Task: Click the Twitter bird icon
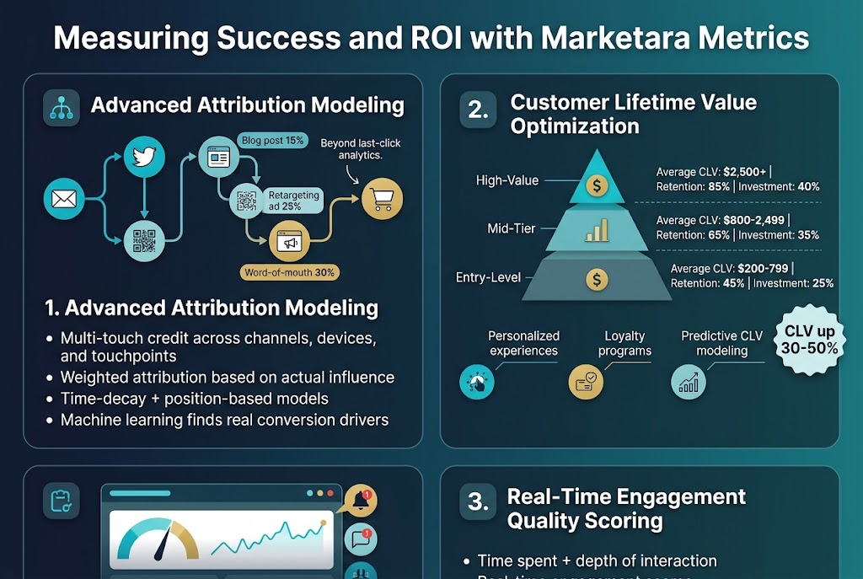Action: coord(144,156)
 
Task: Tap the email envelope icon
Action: coord(64,200)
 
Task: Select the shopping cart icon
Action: coord(382,200)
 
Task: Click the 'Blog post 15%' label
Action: coord(272,140)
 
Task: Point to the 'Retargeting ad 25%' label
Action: coord(293,201)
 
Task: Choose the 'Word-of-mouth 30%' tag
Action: coord(289,272)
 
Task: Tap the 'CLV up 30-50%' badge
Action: coord(811,339)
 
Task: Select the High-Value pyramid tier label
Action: coord(507,180)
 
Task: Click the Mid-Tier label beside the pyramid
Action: coord(511,228)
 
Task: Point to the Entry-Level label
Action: coord(488,277)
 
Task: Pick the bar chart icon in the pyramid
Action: coord(597,229)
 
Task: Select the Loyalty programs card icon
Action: coord(586,382)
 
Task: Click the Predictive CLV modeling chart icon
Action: coord(689,382)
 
